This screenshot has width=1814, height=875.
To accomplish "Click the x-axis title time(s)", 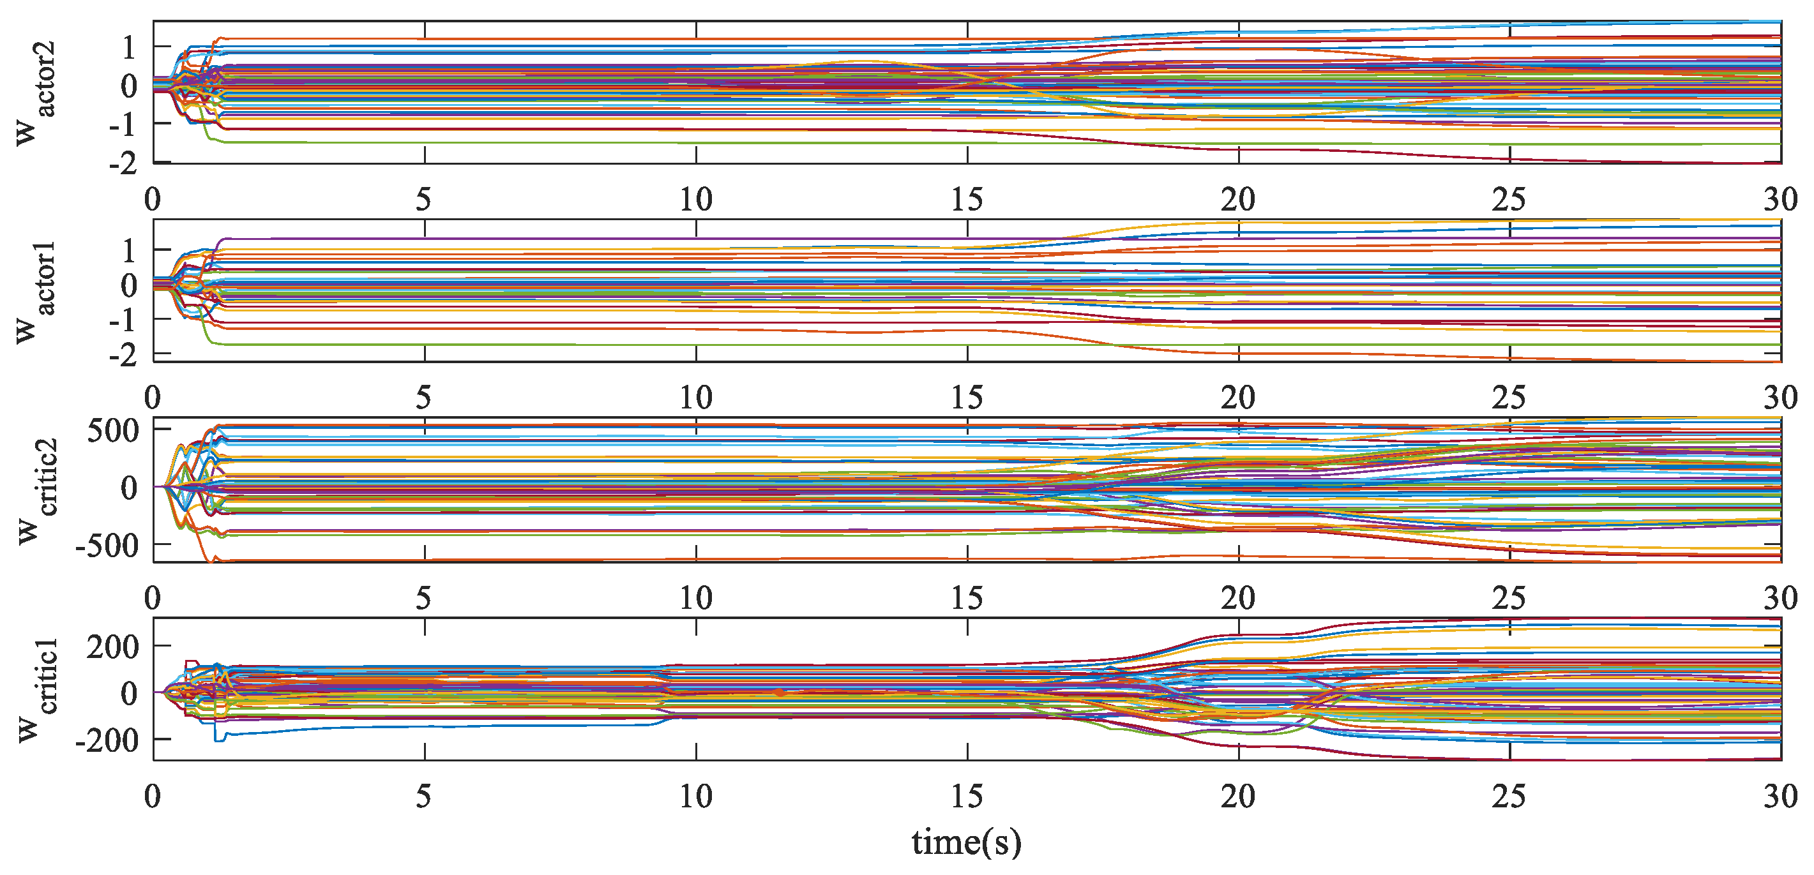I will [965, 842].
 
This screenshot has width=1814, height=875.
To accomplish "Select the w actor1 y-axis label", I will [35, 292].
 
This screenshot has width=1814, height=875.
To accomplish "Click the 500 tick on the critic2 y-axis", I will [112, 431].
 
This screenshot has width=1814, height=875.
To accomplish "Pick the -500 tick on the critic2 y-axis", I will [107, 546].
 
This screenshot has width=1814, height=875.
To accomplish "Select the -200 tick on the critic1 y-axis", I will [107, 740].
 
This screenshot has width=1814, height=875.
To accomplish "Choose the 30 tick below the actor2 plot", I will [1780, 200].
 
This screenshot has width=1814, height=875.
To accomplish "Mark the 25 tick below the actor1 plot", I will [1509, 398].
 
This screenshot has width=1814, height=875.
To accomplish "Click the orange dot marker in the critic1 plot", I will [779, 692].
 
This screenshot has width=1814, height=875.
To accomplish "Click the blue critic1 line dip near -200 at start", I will [219, 738].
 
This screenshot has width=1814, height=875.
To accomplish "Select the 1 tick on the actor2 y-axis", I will [128, 49].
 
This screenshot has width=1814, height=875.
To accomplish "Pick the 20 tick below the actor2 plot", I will [1237, 200].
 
